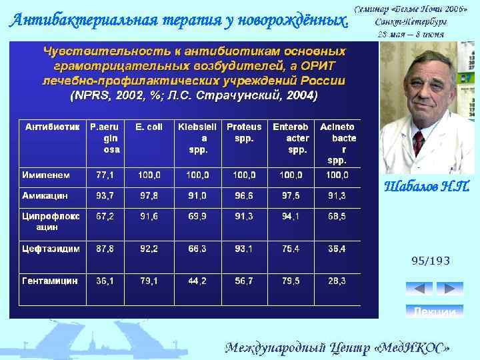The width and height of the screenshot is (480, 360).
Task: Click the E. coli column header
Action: pos(149,126)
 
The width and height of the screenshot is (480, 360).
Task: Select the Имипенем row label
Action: pos(45,175)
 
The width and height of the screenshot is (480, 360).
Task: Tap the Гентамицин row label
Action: pos(49,281)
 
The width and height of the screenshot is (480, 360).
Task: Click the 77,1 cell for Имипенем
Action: pos(105,175)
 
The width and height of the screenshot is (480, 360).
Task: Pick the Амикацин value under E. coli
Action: pos(149,195)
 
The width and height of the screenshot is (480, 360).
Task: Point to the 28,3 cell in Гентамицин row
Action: pos(336,281)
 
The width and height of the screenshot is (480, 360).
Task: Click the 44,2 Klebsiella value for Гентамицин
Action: pos(197,281)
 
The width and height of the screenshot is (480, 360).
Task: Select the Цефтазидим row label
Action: pos(51,248)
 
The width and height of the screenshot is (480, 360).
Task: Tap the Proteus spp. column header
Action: pos(244,131)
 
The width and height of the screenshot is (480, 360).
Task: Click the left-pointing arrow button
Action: pos(419,289)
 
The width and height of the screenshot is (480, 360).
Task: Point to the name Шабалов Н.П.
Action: pos(427,187)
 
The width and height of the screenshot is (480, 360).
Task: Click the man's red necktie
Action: pos(418,143)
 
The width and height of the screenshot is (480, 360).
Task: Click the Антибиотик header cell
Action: pos(53,126)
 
